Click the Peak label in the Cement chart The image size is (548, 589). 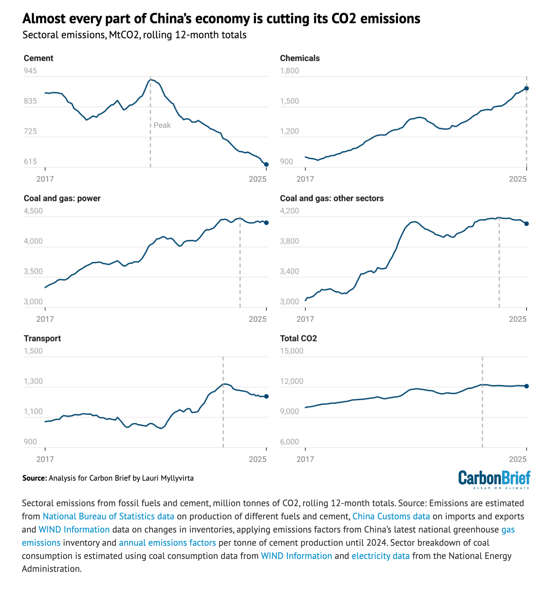(162, 125)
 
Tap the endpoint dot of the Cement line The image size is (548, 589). (266, 164)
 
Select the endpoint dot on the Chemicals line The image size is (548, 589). (527, 88)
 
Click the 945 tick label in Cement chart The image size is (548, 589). (30, 71)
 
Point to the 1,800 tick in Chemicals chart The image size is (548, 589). (289, 71)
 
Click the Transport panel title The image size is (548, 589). (42, 338)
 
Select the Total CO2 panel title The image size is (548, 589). (298, 338)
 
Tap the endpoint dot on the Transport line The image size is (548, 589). (266, 396)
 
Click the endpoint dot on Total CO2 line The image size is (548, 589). (527, 386)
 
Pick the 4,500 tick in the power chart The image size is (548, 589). (33, 211)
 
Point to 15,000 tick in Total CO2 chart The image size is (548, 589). (291, 351)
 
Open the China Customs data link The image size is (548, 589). (391, 516)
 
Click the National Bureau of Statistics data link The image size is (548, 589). (108, 516)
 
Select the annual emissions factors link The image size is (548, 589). (167, 543)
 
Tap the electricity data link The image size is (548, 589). (380, 556)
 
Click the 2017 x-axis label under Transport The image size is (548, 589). (45, 459)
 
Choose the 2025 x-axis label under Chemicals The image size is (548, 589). (518, 179)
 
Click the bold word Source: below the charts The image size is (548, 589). (34, 478)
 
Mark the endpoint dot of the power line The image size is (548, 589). (266, 223)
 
